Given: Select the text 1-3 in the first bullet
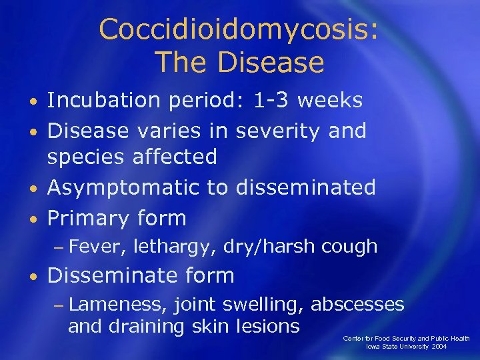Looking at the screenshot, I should (272, 100).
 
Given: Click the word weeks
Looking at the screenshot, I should (330, 100).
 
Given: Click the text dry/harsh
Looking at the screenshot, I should (269, 247).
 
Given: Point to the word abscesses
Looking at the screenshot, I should (358, 305).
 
